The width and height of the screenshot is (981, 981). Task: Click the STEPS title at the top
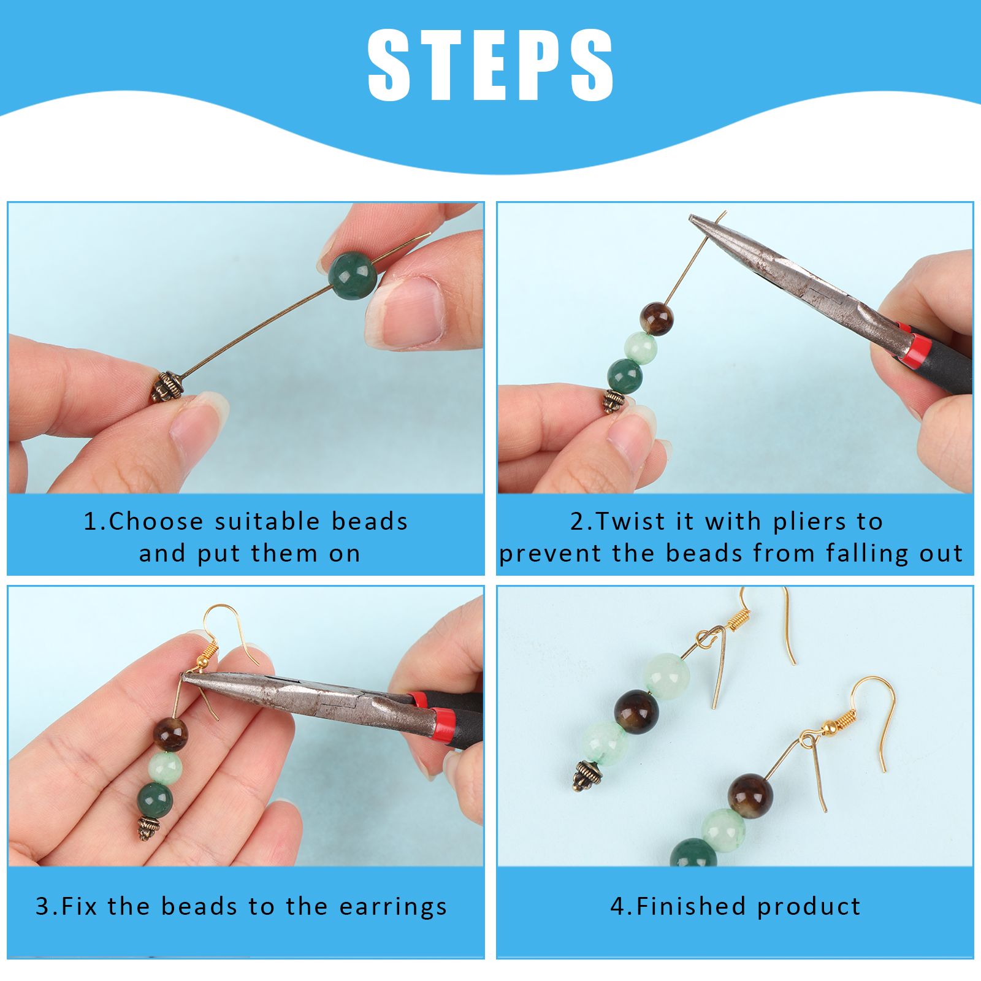[x=490, y=64]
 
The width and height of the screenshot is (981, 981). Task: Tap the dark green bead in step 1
[x=353, y=275]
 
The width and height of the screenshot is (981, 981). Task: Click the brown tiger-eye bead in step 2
[x=656, y=318]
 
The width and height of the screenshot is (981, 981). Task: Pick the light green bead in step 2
[x=641, y=348]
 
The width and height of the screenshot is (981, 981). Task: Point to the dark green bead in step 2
[x=625, y=376]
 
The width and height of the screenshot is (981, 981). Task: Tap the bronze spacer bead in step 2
[x=614, y=402]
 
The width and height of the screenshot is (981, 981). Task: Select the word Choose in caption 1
[x=156, y=521]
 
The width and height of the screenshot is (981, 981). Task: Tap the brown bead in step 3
[x=170, y=735]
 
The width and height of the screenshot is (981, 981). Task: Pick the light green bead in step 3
[x=165, y=768]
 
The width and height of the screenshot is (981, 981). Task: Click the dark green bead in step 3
[x=155, y=800]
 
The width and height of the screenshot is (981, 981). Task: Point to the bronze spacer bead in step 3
[x=148, y=829]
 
